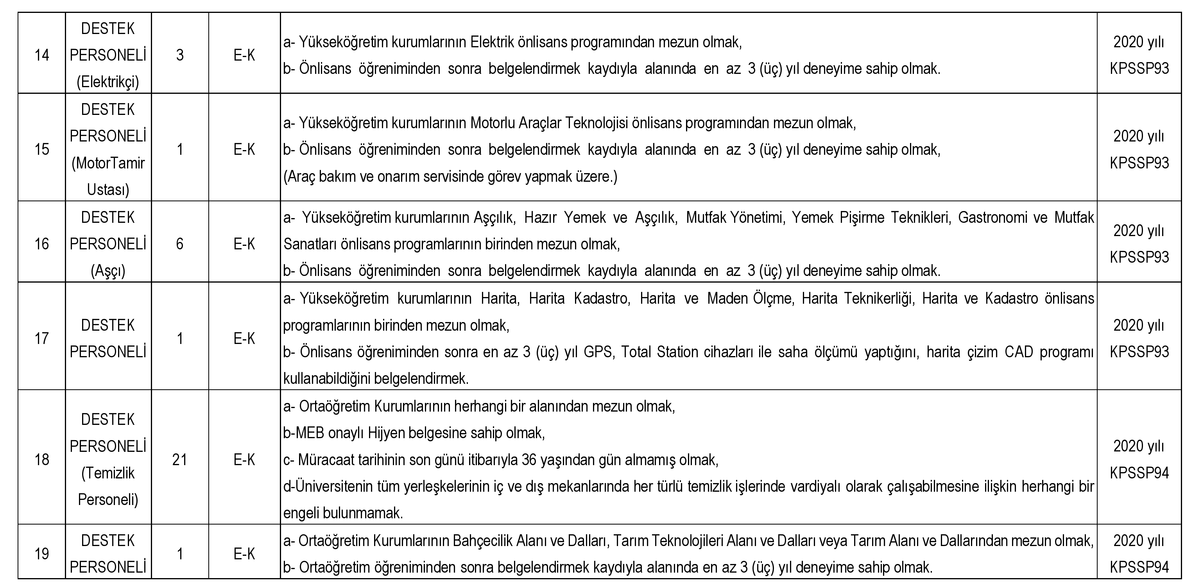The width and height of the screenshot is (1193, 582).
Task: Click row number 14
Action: coord(42,56)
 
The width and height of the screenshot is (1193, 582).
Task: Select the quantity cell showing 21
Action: coord(180,460)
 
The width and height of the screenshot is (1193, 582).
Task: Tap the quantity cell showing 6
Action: coord(180,244)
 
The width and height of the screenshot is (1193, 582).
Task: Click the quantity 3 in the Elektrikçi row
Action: coord(180,56)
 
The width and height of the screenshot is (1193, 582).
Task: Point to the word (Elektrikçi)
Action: coord(108,82)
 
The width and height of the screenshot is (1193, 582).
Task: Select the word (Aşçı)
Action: coord(108,270)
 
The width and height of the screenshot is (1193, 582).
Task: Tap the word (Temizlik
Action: coord(108,473)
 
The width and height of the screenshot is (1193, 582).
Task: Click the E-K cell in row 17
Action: coord(244,339)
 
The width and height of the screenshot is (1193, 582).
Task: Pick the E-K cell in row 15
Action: coord(244,150)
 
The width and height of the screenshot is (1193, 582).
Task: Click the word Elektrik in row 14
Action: coord(492,42)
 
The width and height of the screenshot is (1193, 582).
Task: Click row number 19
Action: coord(42,554)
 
